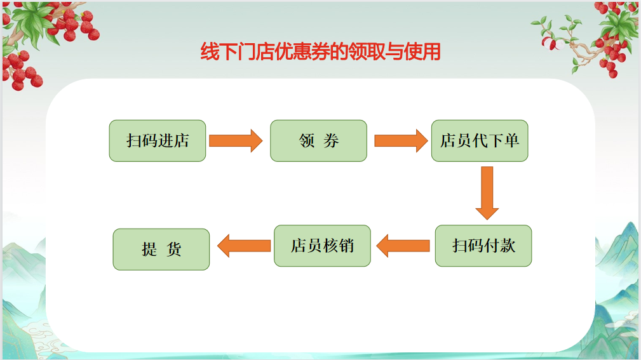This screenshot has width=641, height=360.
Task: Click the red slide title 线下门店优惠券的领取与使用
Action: [x=320, y=52]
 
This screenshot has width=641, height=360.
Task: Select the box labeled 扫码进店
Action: [x=158, y=140]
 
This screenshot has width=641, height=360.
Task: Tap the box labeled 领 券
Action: [x=318, y=140]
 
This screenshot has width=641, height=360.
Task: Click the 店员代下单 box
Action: [x=480, y=140]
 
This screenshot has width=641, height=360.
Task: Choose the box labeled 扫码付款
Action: [x=483, y=246]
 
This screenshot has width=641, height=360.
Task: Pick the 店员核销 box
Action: [x=322, y=246]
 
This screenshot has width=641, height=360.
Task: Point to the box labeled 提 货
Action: [x=161, y=250]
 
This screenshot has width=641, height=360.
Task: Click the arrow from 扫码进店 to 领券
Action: [x=236, y=141]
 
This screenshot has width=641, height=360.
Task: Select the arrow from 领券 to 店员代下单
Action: [x=401, y=141]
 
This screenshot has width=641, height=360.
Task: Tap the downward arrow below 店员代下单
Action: [x=487, y=193]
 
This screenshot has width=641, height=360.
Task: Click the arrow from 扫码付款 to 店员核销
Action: [x=403, y=246]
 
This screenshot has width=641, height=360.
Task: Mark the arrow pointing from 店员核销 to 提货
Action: [x=244, y=246]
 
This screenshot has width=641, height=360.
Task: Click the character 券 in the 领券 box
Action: [x=331, y=140]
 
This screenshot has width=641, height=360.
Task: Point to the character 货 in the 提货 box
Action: [x=173, y=250]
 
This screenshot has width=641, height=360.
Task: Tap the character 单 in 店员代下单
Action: [x=512, y=140]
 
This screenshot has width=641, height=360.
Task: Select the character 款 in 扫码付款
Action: [x=508, y=246]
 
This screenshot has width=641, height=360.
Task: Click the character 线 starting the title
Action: [x=210, y=52]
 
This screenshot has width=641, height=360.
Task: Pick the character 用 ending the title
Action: [x=431, y=52]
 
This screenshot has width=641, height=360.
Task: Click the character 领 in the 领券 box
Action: [x=307, y=140]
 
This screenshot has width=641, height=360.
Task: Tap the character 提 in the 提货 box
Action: [x=149, y=250]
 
